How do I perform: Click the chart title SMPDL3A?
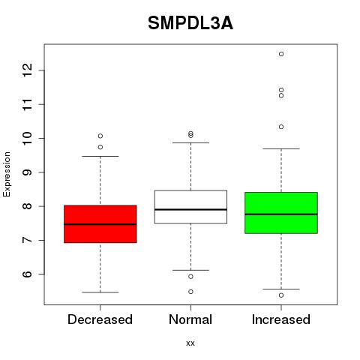coord(190,23)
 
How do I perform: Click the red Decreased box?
coord(100,224)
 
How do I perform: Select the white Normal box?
coord(190,207)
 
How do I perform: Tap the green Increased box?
coord(281,213)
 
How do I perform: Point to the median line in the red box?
coord(100,224)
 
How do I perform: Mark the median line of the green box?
coord(281,214)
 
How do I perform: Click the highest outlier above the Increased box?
coord(281,54)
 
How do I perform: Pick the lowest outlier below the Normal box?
coord(190,292)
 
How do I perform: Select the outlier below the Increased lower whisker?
coord(281,295)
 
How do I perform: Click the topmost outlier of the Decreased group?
coord(100,136)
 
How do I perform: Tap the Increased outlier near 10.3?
coord(281,127)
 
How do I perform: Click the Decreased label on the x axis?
coord(100,319)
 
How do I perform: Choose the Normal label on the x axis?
coord(190,319)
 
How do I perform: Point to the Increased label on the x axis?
coord(281,319)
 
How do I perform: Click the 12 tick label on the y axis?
coord(27,70)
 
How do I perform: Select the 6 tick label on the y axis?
coord(27,274)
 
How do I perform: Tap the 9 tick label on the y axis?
coord(27,172)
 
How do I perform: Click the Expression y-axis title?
coord(7,174)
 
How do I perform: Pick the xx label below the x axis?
coord(190,343)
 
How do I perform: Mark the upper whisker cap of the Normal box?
coord(190,142)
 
